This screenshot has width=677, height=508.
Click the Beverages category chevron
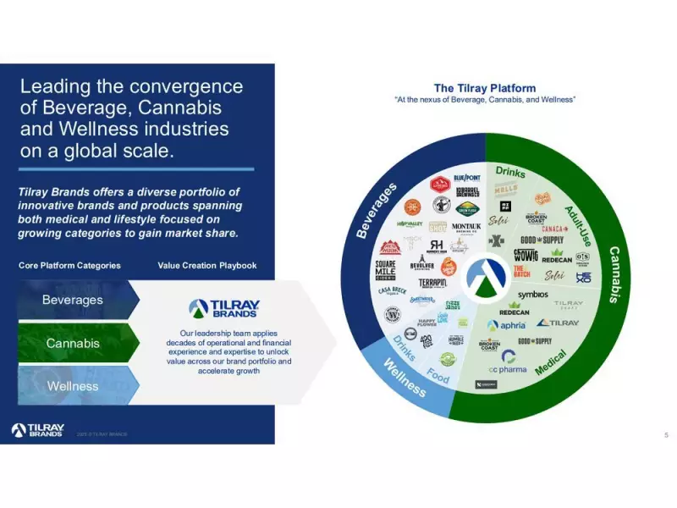(74, 300)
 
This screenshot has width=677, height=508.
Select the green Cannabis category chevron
(74, 343)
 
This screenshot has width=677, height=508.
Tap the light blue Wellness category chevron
(74, 386)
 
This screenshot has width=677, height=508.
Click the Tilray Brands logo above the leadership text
(224, 308)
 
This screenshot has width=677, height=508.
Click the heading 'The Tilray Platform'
(485, 88)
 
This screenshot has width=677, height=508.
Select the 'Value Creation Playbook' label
(207, 265)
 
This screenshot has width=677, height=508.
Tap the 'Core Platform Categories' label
(69, 265)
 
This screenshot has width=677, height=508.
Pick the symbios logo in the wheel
(532, 295)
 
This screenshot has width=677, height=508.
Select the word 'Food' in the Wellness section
(438, 375)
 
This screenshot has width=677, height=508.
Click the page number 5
(666, 434)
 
